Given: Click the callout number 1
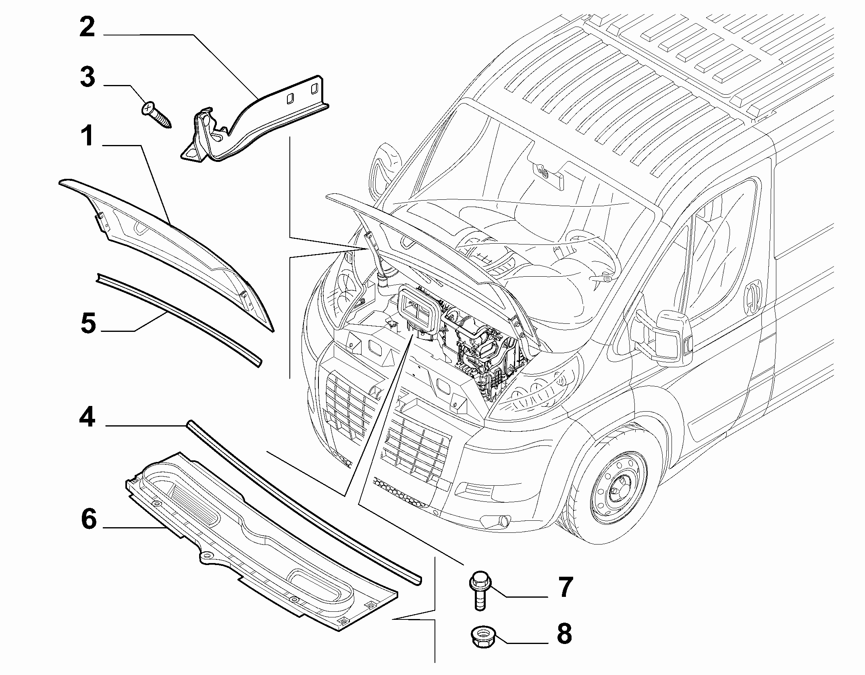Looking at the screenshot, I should pos(87,137).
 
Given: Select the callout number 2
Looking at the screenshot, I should pos(87,28).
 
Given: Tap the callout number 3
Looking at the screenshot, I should pos(87,77).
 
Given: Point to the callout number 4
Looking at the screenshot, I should pos(87,418).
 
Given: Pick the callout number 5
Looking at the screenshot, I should pos(88,323).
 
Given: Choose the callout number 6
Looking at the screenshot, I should pos(89,519).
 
